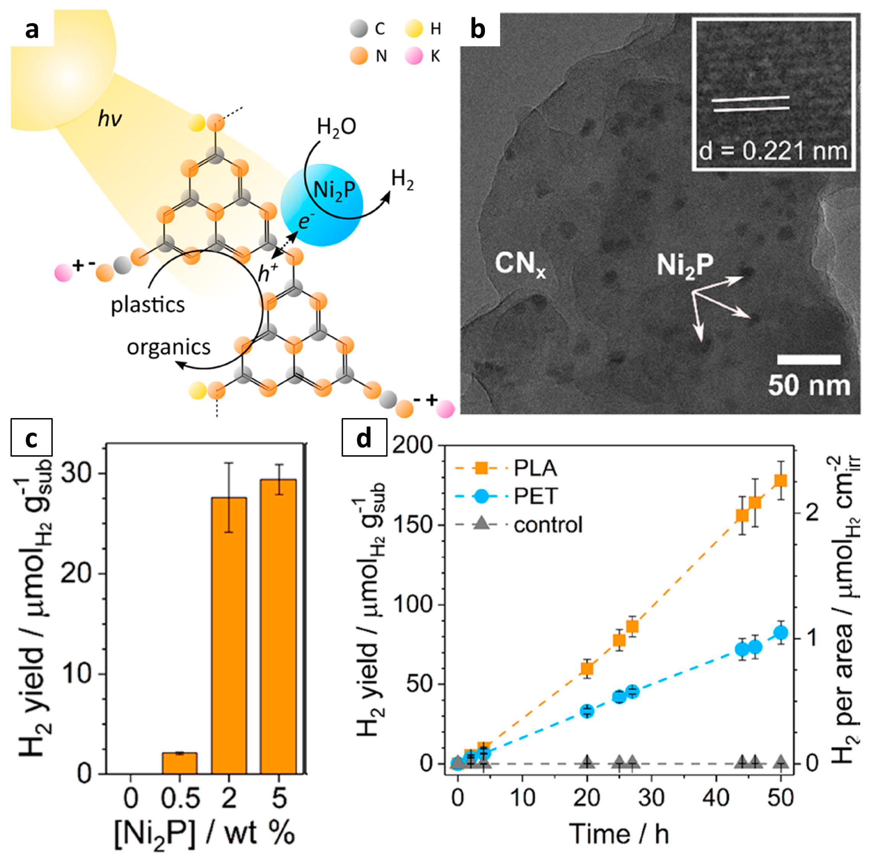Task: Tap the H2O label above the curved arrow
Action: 336,127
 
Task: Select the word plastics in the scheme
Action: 148,305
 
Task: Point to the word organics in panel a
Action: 169,347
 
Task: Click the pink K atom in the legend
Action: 413,57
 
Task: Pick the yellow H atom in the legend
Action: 413,29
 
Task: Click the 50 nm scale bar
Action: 809,360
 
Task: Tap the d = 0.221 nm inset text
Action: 773,151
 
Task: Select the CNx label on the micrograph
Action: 520,264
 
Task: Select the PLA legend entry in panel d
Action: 534,469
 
